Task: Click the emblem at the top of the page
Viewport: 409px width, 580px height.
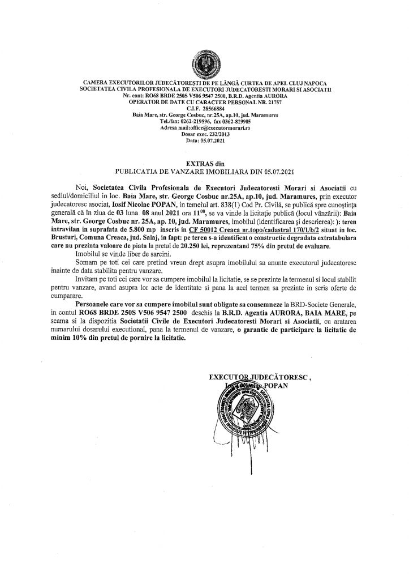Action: pos(204,63)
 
